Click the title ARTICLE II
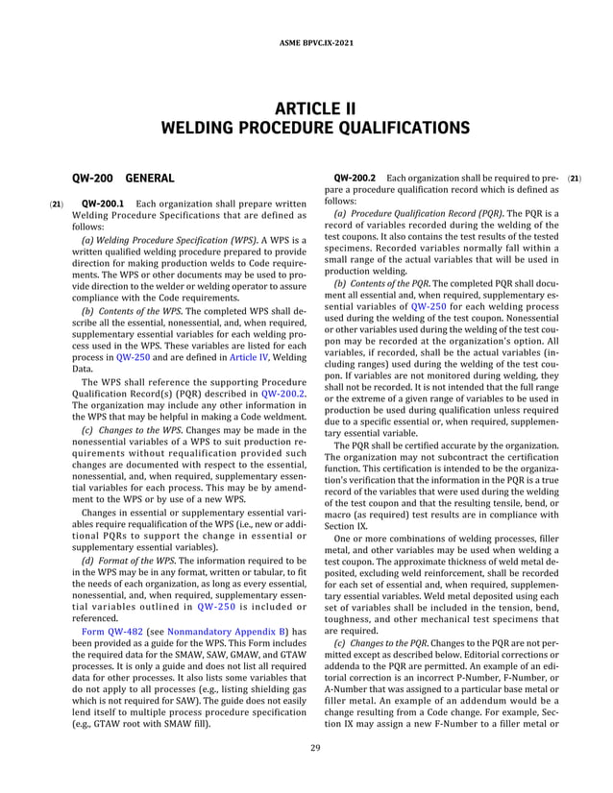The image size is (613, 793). [306, 108]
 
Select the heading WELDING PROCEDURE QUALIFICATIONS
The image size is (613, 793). [306, 128]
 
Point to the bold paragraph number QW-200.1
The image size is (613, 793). [107, 204]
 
